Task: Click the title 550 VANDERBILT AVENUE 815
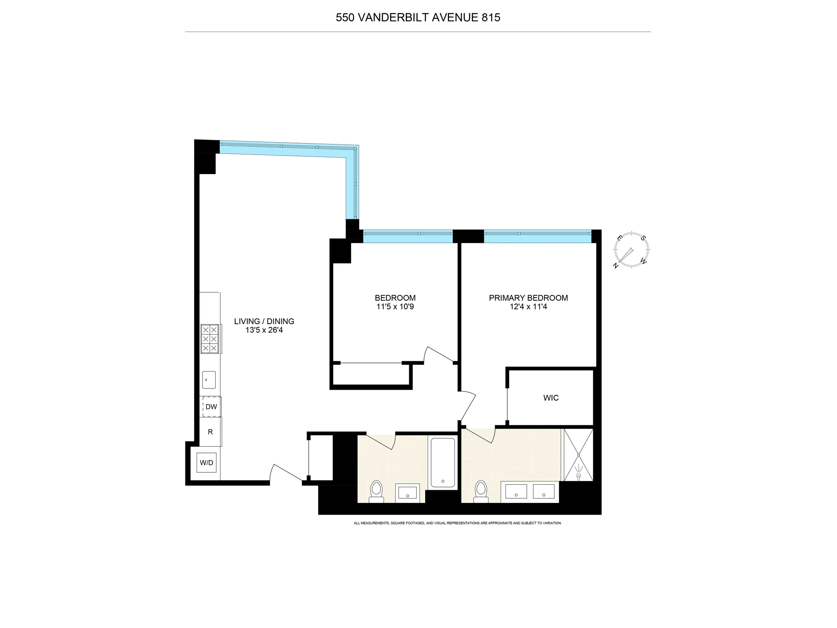[418, 18]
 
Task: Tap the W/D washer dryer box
[207, 463]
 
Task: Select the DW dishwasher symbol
[211, 407]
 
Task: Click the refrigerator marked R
[210, 432]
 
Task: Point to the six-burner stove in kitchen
[210, 339]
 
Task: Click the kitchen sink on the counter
[209, 380]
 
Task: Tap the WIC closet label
[551, 398]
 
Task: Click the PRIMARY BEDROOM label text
[528, 298]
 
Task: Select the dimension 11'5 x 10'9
[395, 307]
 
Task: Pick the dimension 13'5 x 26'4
[264, 330]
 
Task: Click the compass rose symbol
[631, 250]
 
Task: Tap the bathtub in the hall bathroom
[443, 462]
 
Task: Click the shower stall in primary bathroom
[578, 455]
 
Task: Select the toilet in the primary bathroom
[481, 492]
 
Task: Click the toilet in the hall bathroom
[377, 492]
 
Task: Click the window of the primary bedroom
[537, 237]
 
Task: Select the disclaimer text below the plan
[457, 523]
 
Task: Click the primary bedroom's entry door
[468, 406]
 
